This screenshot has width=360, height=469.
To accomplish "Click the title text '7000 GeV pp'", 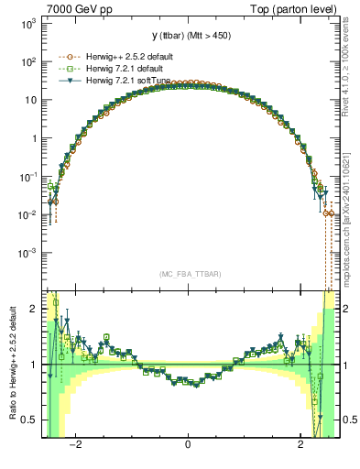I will coord(76,8).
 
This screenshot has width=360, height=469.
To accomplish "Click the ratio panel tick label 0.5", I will coord(29,420).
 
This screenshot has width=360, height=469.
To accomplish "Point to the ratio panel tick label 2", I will coord(34,309).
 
